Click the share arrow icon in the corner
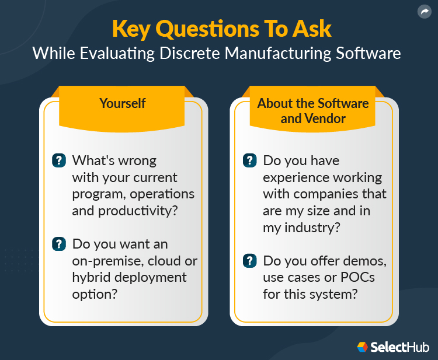[x=423, y=12]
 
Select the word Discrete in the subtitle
[x=186, y=53]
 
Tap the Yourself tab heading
[x=123, y=103]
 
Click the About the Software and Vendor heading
[x=313, y=111]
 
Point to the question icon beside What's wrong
[x=59, y=160]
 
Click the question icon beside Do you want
[x=59, y=244]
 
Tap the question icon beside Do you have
[x=249, y=160]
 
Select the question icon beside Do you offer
[x=249, y=261]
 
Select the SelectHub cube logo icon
[x=362, y=347]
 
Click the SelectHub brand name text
[x=398, y=347]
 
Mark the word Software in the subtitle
[x=366, y=53]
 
